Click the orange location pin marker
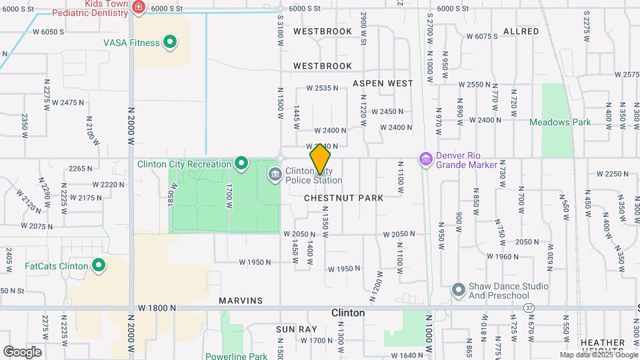click(321, 159)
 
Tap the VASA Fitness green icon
click(170, 43)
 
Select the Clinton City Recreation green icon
click(241, 163)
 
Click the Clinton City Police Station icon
click(275, 175)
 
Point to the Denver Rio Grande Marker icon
click(425, 159)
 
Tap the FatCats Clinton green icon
click(99, 266)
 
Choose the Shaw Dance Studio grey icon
click(457, 290)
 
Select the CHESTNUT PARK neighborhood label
click(343, 198)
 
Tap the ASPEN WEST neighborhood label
click(383, 83)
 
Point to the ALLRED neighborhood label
click(521, 31)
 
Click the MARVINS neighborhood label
click(241, 301)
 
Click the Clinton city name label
click(348, 313)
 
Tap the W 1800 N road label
click(157, 308)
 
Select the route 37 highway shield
click(529, 308)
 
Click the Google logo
click(22, 351)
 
